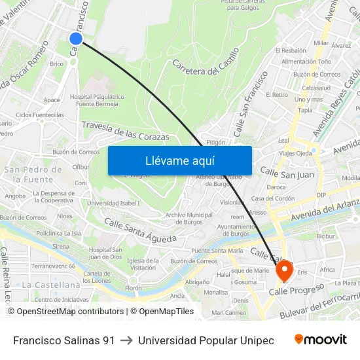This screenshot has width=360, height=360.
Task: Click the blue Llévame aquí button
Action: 179,160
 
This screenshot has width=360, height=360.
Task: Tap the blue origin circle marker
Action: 76,38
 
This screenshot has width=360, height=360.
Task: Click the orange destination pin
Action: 284,270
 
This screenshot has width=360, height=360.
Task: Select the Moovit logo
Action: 320,340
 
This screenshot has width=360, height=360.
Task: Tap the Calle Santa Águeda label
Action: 140,231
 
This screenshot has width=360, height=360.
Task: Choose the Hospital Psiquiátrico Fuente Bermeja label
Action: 96,100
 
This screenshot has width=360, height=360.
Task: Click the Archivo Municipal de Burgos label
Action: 189,218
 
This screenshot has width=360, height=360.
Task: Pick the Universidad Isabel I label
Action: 113,203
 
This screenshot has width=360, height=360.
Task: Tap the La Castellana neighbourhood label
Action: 51,285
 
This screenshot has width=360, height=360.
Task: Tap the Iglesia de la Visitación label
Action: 142,264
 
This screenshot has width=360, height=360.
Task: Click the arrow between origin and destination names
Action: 126,340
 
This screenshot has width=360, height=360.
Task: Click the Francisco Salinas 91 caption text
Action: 63,340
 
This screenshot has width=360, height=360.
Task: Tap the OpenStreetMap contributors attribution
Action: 67,312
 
